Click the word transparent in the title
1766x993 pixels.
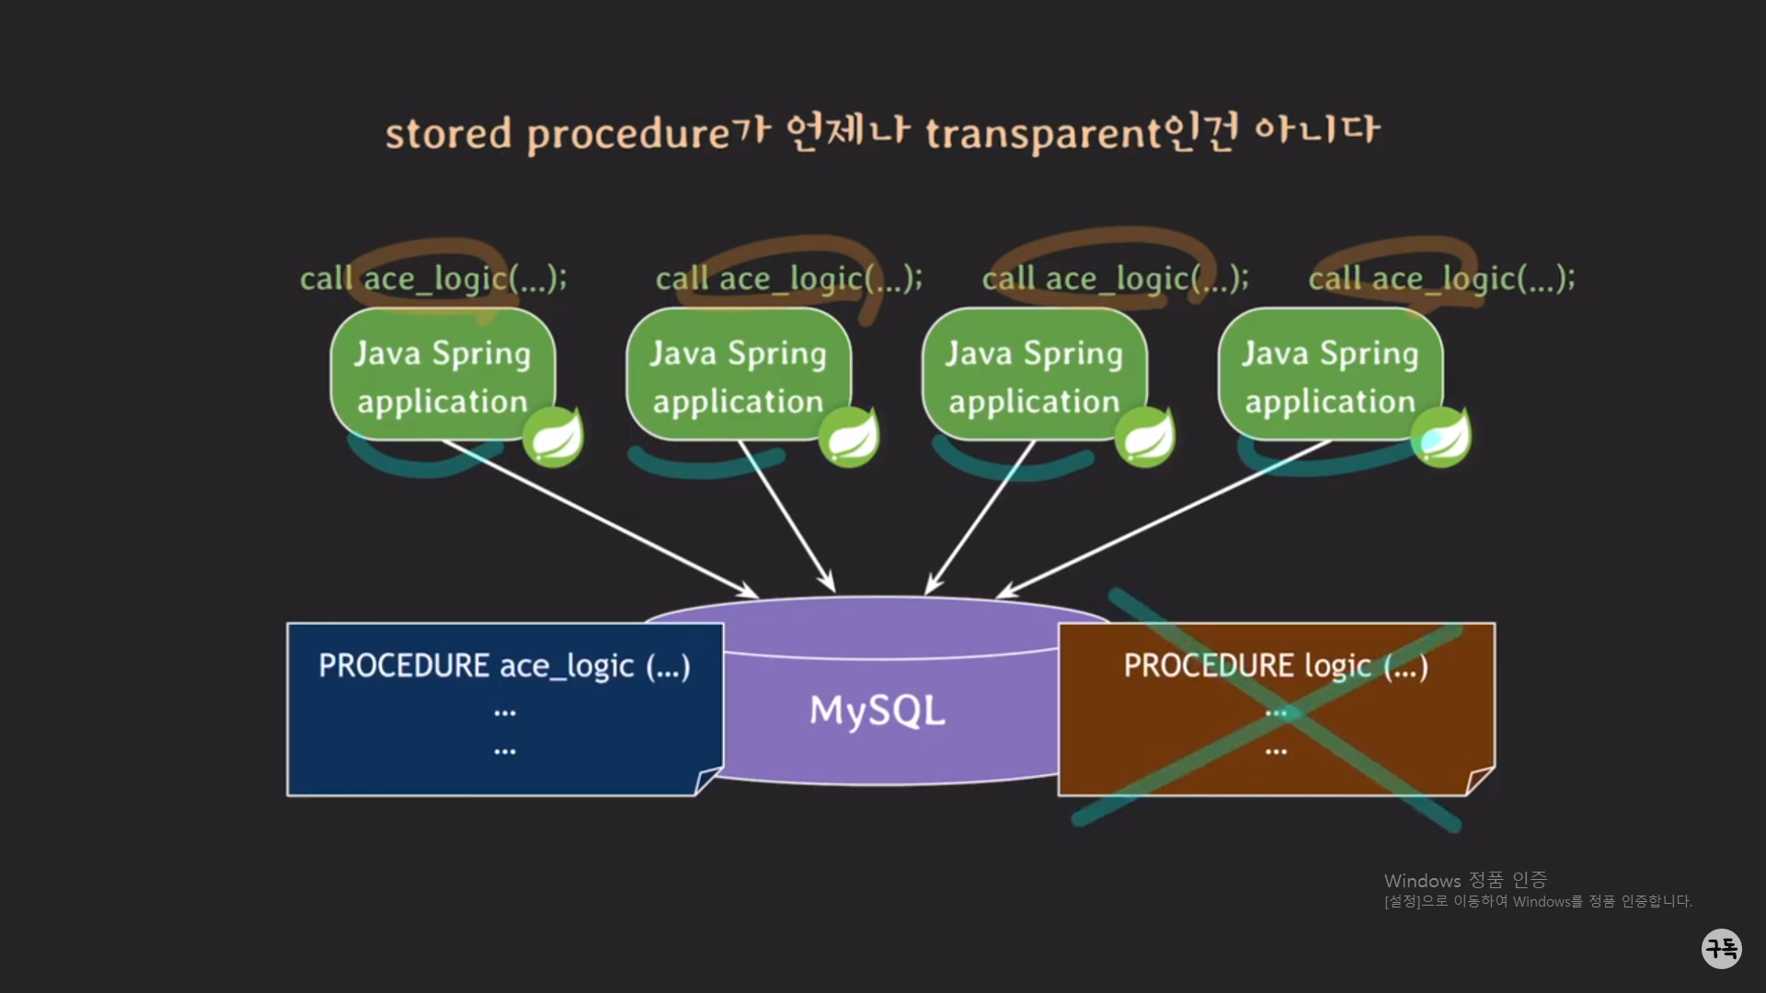coord(1043,134)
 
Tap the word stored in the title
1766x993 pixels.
coord(448,134)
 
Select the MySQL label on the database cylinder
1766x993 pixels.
coord(877,711)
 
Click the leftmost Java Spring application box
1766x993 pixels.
coord(442,375)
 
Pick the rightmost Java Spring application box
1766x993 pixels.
coord(1330,375)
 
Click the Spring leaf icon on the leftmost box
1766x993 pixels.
coord(554,437)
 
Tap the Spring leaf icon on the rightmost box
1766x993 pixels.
coord(1441,437)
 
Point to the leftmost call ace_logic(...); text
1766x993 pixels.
coord(433,279)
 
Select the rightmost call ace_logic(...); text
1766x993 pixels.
coord(1441,279)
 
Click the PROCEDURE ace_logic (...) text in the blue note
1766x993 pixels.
coord(504,666)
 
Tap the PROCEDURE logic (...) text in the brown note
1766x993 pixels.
coord(1276,666)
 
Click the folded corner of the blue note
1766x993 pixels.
coord(708,781)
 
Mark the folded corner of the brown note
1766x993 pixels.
coord(1479,781)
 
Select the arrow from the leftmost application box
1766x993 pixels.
coord(598,518)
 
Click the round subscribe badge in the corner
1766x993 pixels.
coord(1721,948)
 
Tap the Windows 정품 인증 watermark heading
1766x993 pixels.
coord(1464,880)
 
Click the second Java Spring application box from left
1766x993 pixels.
coord(739,375)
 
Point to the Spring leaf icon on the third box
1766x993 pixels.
coord(1145,437)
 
